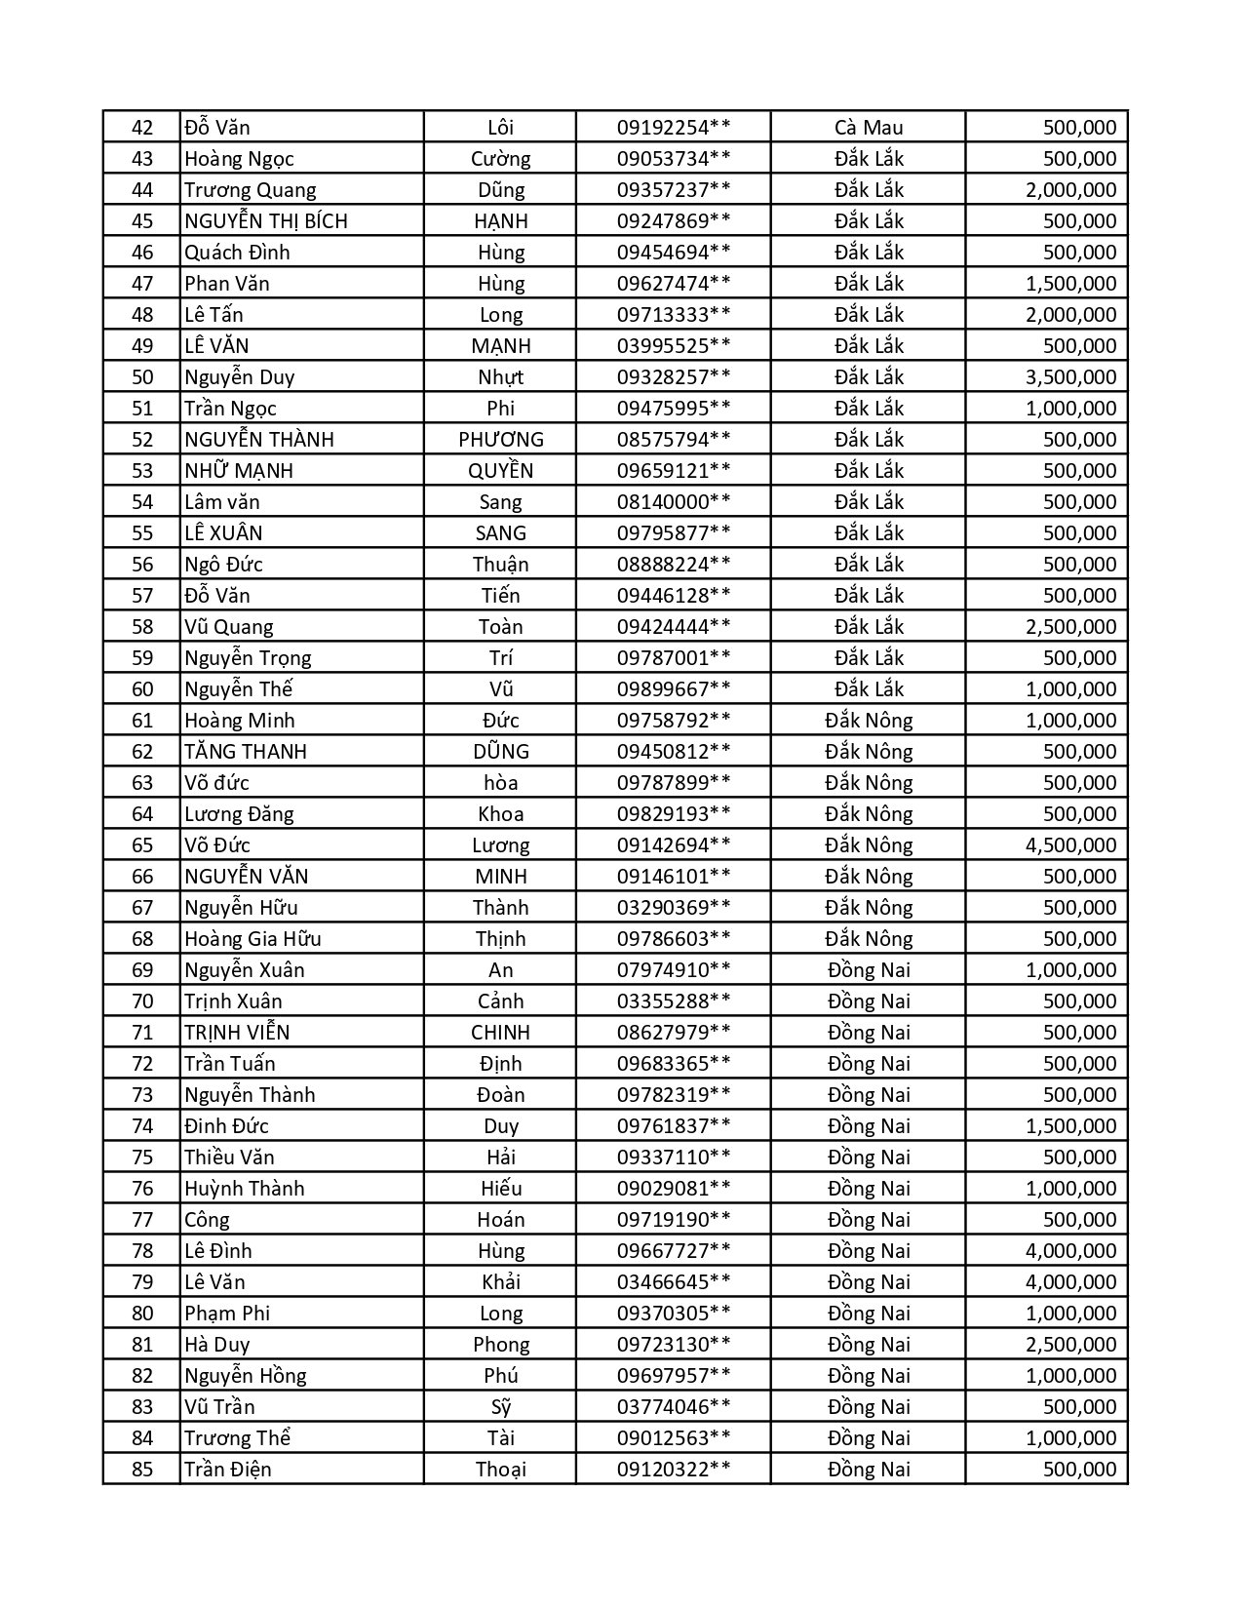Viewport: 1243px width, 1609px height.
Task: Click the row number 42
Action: (x=142, y=128)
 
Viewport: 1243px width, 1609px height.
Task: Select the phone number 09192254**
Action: (x=674, y=128)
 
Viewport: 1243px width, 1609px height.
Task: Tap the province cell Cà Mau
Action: (x=869, y=128)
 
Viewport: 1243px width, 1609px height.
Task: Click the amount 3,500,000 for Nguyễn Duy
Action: (x=1070, y=377)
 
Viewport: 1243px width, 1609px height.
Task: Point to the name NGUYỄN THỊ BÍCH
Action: (x=266, y=221)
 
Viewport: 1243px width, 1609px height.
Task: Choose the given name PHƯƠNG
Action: (x=501, y=440)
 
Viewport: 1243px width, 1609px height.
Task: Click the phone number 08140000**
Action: (x=674, y=502)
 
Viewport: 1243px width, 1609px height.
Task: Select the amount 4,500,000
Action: (x=1070, y=845)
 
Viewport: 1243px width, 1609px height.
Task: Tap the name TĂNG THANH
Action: (x=246, y=752)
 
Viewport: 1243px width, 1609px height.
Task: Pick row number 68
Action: (x=142, y=939)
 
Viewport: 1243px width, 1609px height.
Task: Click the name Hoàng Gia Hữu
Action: (x=252, y=939)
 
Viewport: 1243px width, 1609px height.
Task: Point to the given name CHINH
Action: (x=501, y=1033)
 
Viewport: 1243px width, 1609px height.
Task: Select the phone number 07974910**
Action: (x=674, y=970)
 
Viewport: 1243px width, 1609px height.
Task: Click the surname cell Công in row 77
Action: (x=208, y=1220)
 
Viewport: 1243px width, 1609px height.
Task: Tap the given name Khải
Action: (x=501, y=1282)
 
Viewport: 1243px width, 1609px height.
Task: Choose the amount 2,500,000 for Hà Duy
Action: (x=1070, y=1345)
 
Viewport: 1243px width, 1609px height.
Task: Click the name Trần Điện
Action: (x=228, y=1470)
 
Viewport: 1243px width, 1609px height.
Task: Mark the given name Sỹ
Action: (x=501, y=1407)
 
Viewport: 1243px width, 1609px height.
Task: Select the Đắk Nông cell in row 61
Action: (x=869, y=721)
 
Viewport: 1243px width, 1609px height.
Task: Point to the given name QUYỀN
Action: (x=501, y=471)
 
